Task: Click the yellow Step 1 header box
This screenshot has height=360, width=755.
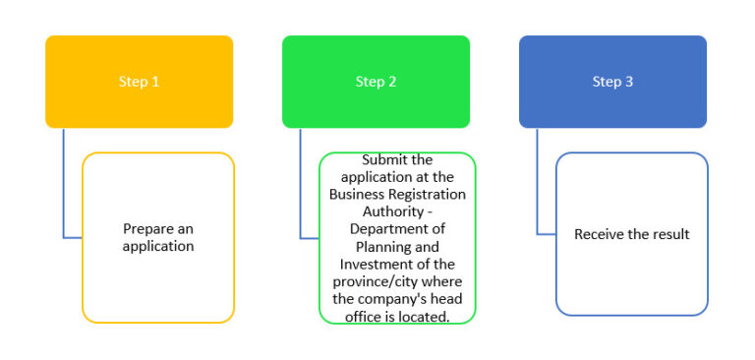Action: click(x=139, y=82)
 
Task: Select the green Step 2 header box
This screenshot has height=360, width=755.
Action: click(x=376, y=82)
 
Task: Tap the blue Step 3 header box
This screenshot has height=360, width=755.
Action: click(x=612, y=82)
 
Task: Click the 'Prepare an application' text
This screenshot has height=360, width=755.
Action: click(x=158, y=237)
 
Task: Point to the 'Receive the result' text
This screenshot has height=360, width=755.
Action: click(x=632, y=234)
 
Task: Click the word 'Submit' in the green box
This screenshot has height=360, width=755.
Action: click(x=383, y=159)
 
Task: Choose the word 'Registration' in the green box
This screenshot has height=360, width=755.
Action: click(x=425, y=194)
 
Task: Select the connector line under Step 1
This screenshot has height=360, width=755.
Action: click(x=64, y=187)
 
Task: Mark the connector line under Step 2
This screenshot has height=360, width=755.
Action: click(x=301, y=187)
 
